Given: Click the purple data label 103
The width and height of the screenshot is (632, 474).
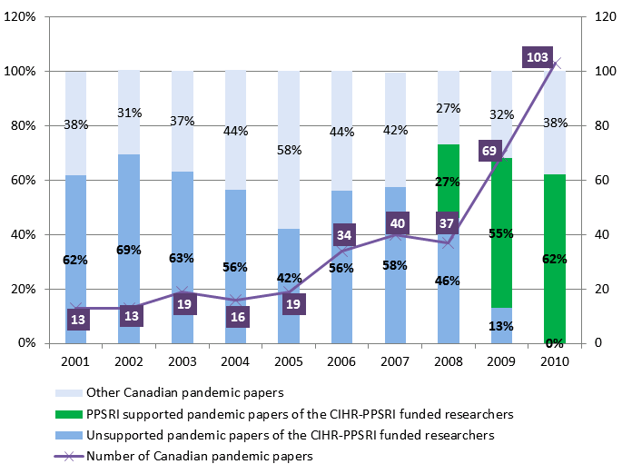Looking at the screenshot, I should pos(538,58).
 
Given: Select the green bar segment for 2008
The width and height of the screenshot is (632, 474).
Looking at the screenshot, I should pos(449,180).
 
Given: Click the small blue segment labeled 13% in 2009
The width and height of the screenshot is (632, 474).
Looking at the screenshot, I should pos(501,326).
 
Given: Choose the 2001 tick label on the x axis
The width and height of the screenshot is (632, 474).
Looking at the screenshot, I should pos(75,361).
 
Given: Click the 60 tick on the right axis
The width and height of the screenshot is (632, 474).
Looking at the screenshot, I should pos(601,181).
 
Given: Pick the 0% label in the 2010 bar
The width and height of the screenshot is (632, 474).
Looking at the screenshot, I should pos(555,343).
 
